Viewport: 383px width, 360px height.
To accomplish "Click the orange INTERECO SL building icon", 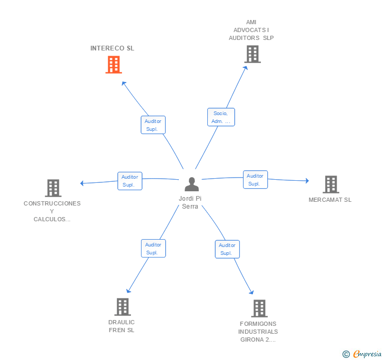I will tap(113, 65).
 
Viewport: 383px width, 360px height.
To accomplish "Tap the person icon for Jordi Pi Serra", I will tap(192, 184).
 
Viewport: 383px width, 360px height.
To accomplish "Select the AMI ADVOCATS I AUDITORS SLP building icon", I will tap(252, 54).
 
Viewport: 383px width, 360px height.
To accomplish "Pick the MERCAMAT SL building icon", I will tap(330, 184).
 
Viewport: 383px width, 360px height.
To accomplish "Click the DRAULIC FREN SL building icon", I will tap(122, 307).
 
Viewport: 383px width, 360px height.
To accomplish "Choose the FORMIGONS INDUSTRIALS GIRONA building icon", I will tap(259, 308).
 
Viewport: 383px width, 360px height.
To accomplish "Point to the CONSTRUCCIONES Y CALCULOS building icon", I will tap(53, 188).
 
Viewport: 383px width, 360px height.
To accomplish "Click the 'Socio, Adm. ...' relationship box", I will tap(221, 117).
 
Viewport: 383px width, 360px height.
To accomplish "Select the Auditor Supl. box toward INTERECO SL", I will tap(153, 125).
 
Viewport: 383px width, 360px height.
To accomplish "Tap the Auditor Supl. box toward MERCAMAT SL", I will tap(255, 180).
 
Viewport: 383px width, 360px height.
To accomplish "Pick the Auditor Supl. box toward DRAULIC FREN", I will tap(153, 249).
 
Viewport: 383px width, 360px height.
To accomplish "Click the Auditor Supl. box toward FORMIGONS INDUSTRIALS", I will tap(227, 249).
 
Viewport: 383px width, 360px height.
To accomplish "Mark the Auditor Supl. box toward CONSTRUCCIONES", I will tap(129, 181).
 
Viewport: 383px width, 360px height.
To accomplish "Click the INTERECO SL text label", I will tap(112, 48).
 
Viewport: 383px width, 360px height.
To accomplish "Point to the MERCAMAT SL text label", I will tap(330, 200).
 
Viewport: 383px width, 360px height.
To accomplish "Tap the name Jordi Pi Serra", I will tap(190, 202).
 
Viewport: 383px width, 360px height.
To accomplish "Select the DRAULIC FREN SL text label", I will tap(122, 326).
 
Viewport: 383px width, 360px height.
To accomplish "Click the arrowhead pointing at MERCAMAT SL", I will tap(307, 181).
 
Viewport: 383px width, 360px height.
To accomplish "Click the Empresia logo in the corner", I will tap(362, 354).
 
